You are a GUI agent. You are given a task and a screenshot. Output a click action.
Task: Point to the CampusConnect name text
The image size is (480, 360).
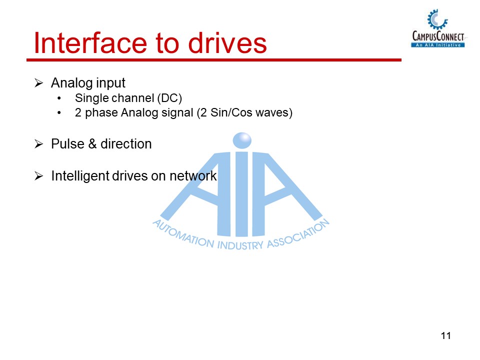coord(438,36)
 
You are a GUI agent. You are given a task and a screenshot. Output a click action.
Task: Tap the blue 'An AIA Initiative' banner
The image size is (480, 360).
coord(438,44)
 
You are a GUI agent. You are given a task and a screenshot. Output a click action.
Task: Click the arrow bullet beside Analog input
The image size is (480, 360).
coord(39,83)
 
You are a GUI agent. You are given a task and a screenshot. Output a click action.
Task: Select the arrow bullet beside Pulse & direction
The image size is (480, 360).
coord(39,144)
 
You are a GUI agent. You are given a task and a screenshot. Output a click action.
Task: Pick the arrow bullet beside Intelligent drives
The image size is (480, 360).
coord(39,176)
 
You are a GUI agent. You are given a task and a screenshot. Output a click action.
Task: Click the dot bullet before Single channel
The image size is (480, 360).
coord(60,98)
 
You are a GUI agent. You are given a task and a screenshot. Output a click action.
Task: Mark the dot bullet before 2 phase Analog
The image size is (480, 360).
coord(60,113)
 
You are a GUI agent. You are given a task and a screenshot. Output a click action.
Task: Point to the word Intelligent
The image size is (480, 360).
coord(78,176)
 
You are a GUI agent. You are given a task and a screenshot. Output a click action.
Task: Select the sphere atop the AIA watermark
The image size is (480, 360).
coord(242,140)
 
